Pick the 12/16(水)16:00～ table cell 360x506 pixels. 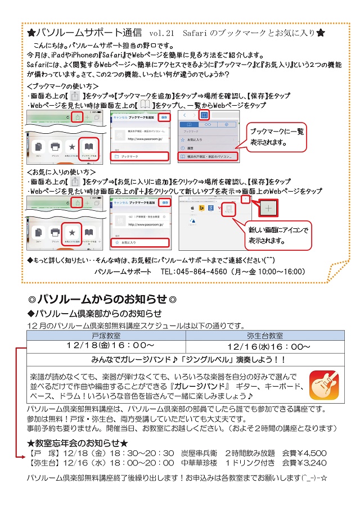coord(269,347)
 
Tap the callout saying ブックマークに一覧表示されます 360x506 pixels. coord(277,137)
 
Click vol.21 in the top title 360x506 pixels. coord(163,33)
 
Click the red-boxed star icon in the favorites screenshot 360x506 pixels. coord(71,232)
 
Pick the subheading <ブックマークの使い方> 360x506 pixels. coord(62,86)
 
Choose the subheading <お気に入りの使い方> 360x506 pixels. coord(61,171)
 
